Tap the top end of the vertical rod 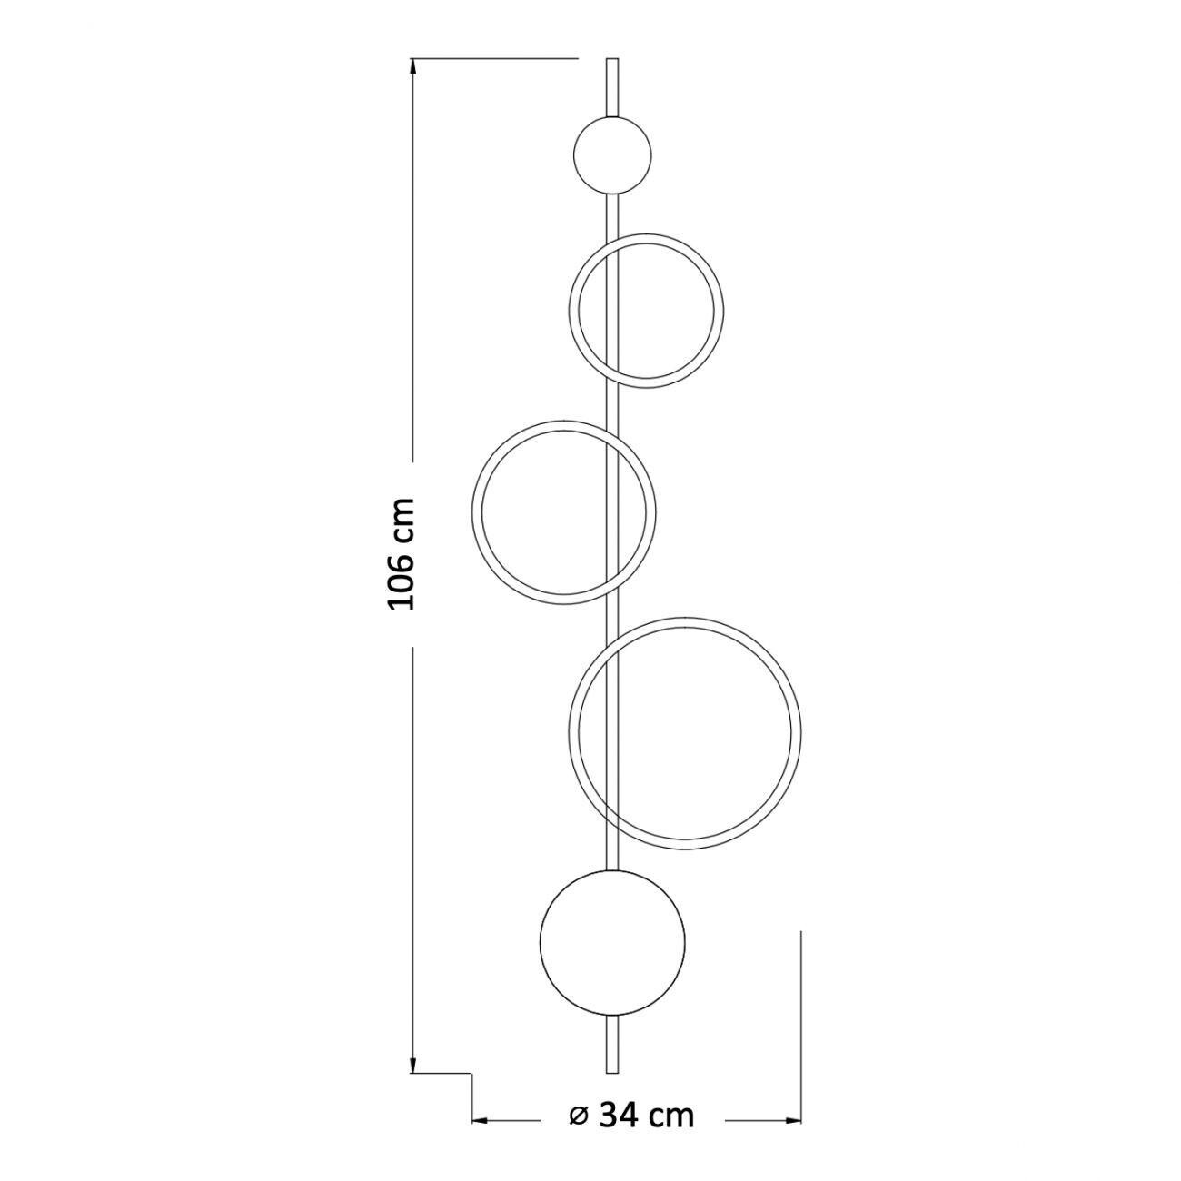click(611, 59)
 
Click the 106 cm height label click(402, 554)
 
